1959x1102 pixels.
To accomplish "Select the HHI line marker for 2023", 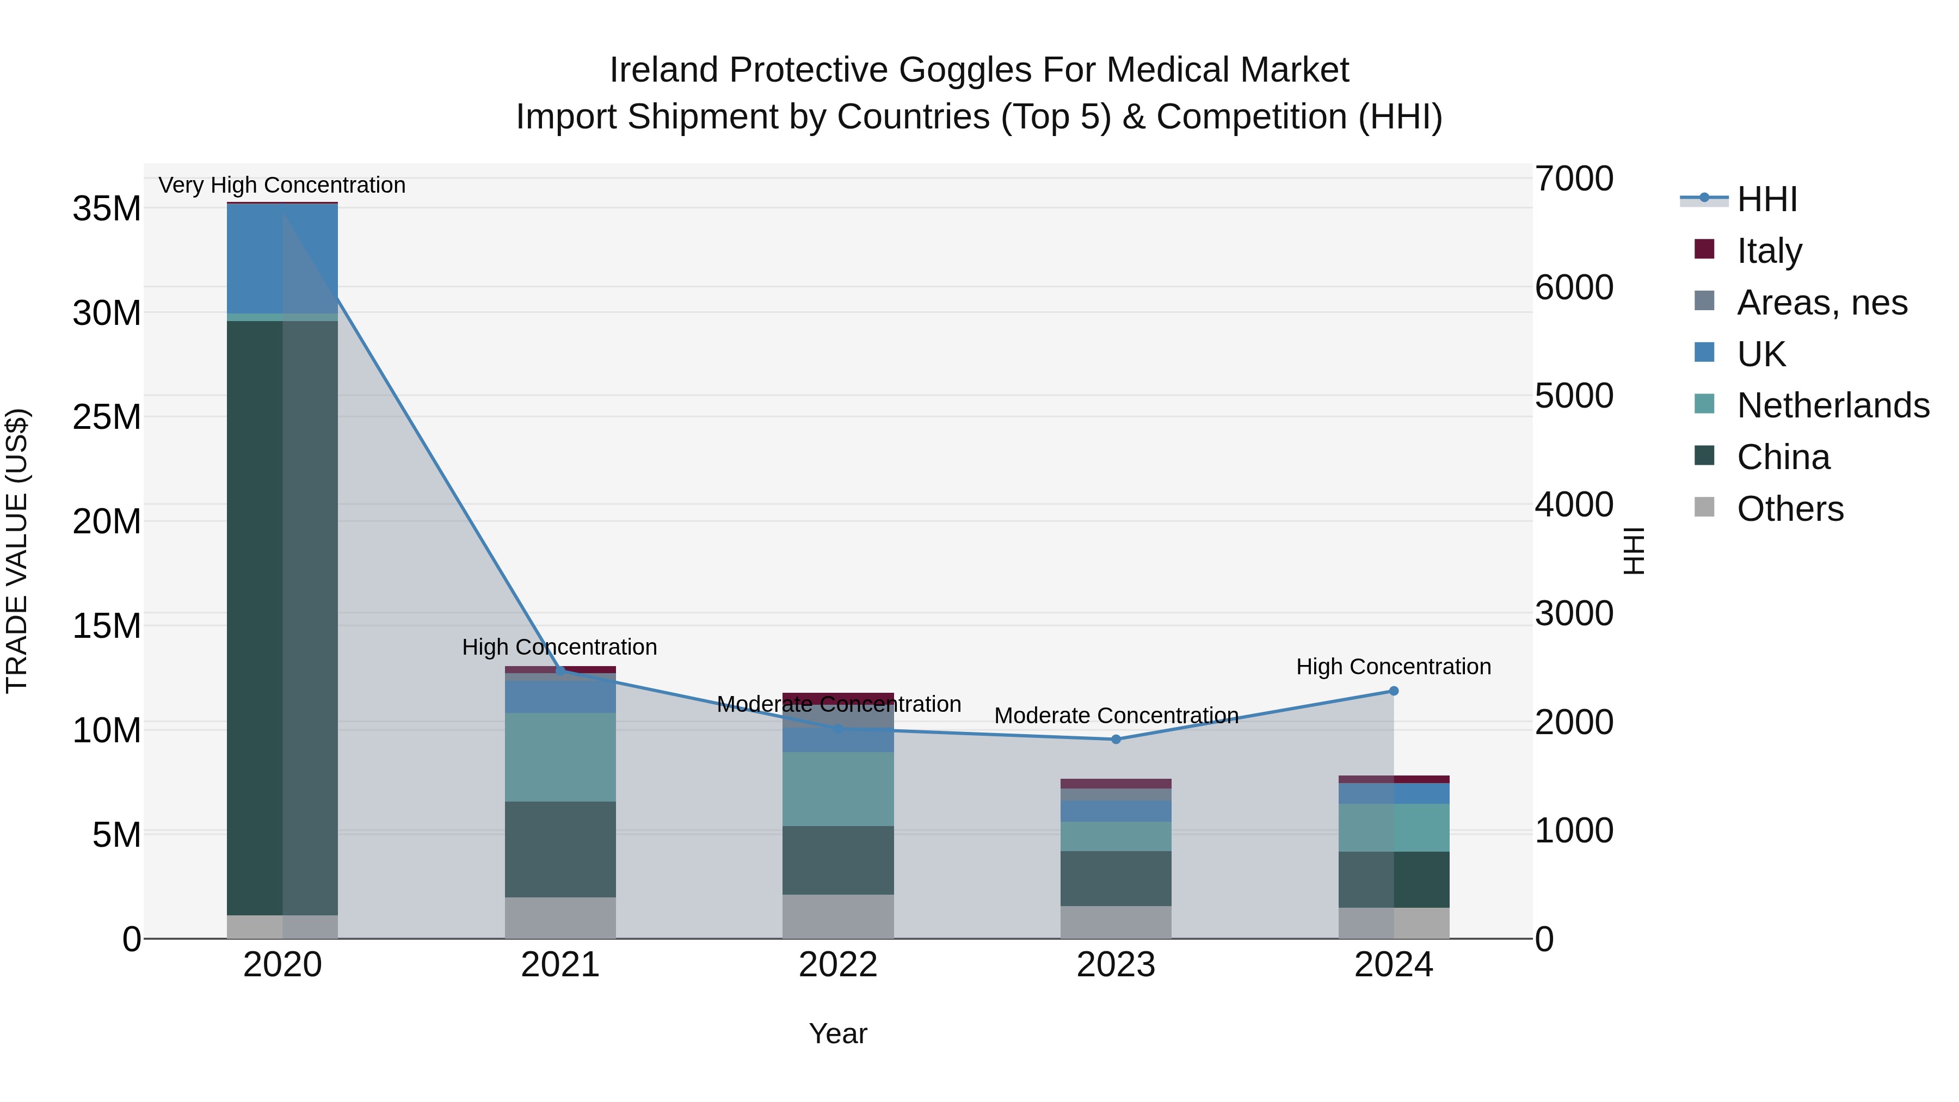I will tap(1116, 739).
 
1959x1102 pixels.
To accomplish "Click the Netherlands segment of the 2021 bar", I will tap(560, 757).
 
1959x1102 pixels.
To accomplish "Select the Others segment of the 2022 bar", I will tap(838, 916).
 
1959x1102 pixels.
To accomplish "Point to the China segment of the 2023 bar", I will tap(1116, 878).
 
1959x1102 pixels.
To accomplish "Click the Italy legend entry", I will tap(1769, 251).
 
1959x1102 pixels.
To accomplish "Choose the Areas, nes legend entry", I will tap(1822, 303).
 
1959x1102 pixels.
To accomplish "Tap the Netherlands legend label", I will tap(1833, 405).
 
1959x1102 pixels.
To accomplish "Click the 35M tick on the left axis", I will tap(107, 208).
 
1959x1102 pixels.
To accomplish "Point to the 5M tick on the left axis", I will tap(116, 835).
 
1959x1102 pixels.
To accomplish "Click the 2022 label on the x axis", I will tap(838, 965).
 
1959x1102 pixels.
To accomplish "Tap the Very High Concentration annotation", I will tap(282, 185).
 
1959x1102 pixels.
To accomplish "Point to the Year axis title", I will tap(838, 1033).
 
